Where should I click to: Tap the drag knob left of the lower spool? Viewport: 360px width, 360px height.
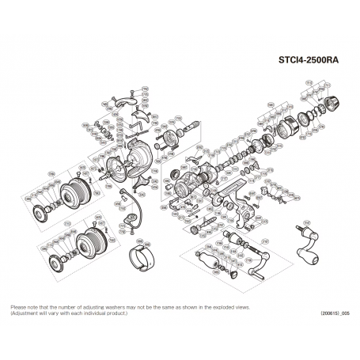pos(56,262)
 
